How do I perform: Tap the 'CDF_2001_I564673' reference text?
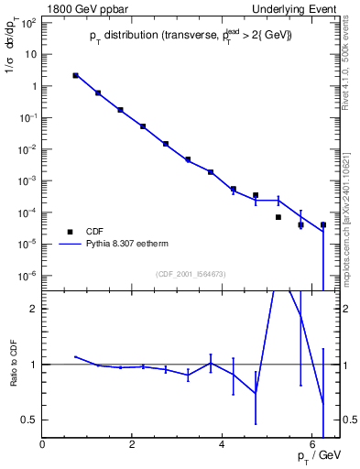tap(191, 274)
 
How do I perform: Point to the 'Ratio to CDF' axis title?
tap(13, 365)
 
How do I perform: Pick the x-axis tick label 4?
tap(223, 444)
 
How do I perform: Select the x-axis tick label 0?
tap(43, 444)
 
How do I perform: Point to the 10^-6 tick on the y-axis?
tap(27, 276)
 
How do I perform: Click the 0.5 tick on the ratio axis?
tap(28, 420)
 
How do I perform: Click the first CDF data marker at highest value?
tap(75, 76)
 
